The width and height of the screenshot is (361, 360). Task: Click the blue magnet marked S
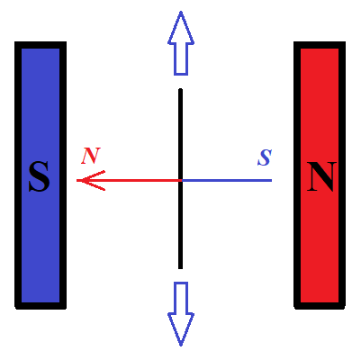pyautogui.click(x=41, y=175)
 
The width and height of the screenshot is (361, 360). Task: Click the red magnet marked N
pyautogui.click(x=320, y=175)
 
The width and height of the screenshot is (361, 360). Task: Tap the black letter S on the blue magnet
pyautogui.click(x=40, y=176)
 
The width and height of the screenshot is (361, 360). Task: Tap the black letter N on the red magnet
pyautogui.click(x=321, y=176)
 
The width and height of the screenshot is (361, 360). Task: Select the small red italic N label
pyautogui.click(x=91, y=156)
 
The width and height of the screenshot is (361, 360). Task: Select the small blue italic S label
pyautogui.click(x=265, y=157)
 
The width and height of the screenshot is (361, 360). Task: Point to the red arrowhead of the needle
pyautogui.click(x=91, y=180)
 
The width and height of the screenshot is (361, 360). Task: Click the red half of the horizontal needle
pyautogui.click(x=129, y=180)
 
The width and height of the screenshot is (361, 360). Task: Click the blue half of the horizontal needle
pyautogui.click(x=227, y=180)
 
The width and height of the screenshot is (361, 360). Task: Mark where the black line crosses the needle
pyautogui.click(x=180, y=180)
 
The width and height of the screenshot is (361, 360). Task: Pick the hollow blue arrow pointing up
pyautogui.click(x=181, y=43)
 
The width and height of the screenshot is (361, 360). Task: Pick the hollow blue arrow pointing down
pyautogui.click(x=181, y=314)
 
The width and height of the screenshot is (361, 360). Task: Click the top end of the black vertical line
pyautogui.click(x=180, y=89)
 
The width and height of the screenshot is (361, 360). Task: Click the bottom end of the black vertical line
pyautogui.click(x=180, y=268)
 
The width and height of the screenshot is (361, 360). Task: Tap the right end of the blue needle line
pyautogui.click(x=271, y=180)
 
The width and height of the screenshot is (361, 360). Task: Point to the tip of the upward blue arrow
pyautogui.click(x=181, y=12)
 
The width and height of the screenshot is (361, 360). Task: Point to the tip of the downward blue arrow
pyautogui.click(x=181, y=346)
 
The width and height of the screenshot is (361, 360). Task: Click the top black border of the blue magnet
pyautogui.click(x=41, y=45)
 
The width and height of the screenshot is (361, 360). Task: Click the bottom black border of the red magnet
pyautogui.click(x=320, y=305)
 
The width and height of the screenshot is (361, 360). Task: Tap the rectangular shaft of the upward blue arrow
pyautogui.click(x=181, y=58)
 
